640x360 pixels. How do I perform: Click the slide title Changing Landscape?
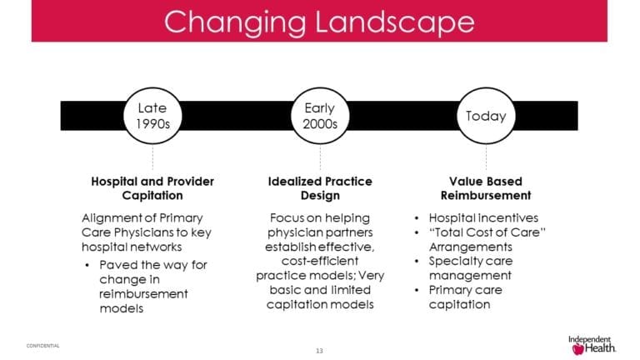coord(319,22)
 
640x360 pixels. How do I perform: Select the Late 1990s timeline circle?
coord(152,116)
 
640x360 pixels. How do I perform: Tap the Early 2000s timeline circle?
coord(320,116)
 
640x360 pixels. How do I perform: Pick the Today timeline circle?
coord(486,116)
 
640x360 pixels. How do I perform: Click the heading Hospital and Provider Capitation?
coord(152,188)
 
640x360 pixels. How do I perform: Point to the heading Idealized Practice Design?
coord(320,188)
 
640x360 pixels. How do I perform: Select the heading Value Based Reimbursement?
coord(485,188)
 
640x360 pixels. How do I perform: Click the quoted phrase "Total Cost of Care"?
coord(487,232)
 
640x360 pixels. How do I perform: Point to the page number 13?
coord(319,349)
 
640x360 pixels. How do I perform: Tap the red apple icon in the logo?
coord(578,349)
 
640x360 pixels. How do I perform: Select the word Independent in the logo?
coord(591,339)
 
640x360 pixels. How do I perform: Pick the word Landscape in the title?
coord(396,22)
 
